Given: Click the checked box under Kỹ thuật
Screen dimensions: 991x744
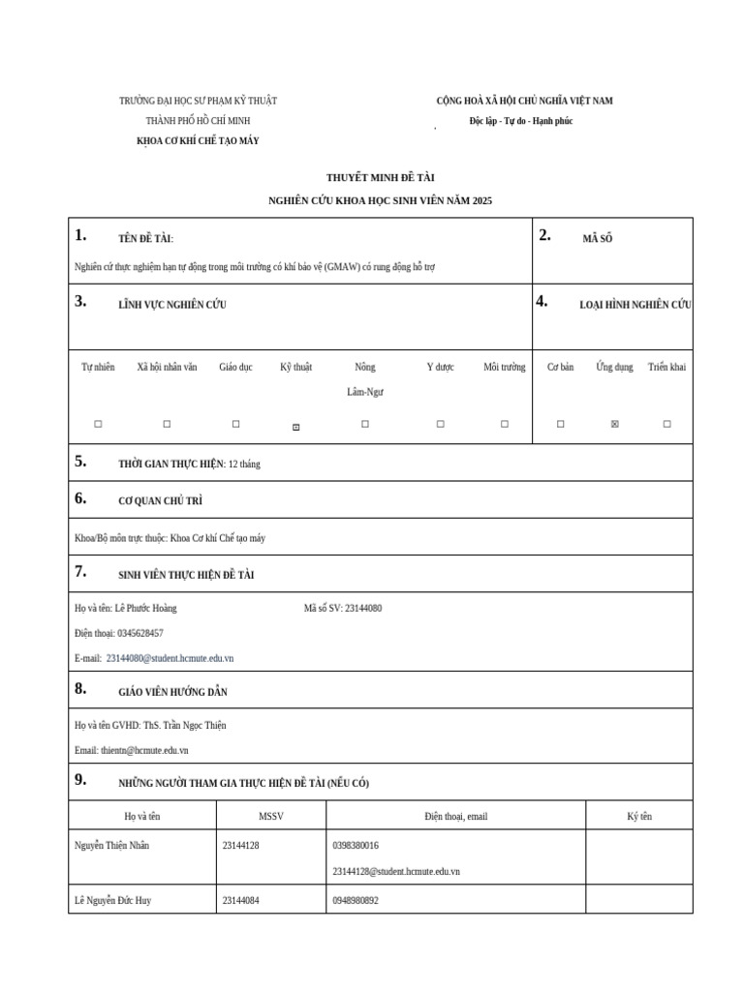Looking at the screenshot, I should click(296, 426).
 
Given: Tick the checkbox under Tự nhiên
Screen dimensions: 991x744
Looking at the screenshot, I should click(98, 424).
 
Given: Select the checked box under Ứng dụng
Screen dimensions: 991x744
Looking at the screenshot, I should click(614, 424).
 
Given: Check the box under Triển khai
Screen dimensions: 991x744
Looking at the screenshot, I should click(666, 424).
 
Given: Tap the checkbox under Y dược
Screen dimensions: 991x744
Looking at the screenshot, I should click(440, 424).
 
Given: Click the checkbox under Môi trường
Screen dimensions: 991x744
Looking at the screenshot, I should click(504, 424).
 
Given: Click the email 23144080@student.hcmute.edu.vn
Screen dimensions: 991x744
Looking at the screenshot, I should click(170, 658).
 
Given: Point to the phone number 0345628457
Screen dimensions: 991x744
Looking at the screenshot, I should click(133, 633).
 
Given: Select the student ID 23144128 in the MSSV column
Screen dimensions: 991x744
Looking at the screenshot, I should click(240, 845).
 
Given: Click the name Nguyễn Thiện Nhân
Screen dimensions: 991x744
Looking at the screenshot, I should click(111, 845).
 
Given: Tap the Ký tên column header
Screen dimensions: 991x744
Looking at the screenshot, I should click(639, 816).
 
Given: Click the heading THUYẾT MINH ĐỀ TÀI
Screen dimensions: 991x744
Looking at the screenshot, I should click(381, 178).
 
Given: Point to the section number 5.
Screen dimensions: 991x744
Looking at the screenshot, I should click(80, 462).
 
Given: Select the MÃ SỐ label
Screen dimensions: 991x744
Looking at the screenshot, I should click(597, 238).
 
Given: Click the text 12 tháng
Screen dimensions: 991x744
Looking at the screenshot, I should click(244, 464).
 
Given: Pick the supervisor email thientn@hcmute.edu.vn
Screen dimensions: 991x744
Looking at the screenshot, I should click(144, 750).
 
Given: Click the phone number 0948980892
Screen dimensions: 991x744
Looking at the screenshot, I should click(356, 900).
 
